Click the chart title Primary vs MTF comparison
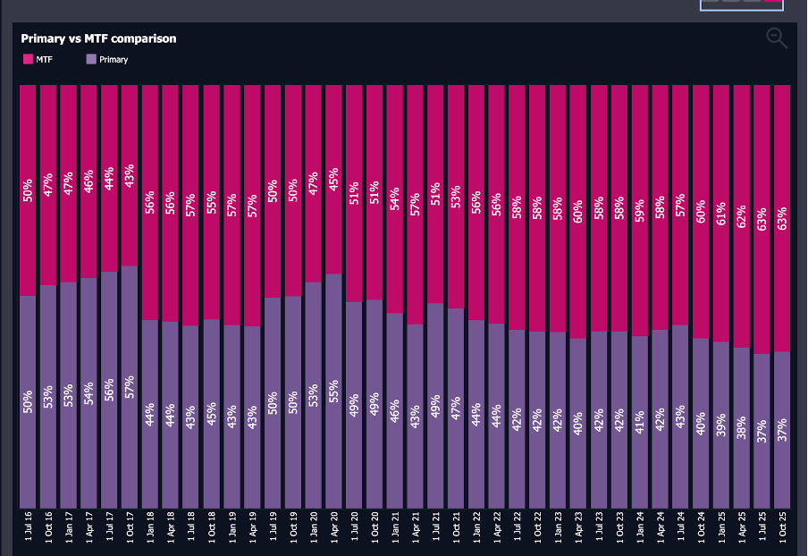(98, 38)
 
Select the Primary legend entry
(106, 59)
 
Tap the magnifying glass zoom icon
(777, 38)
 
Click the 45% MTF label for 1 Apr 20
(333, 179)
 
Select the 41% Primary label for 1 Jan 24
(639, 421)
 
